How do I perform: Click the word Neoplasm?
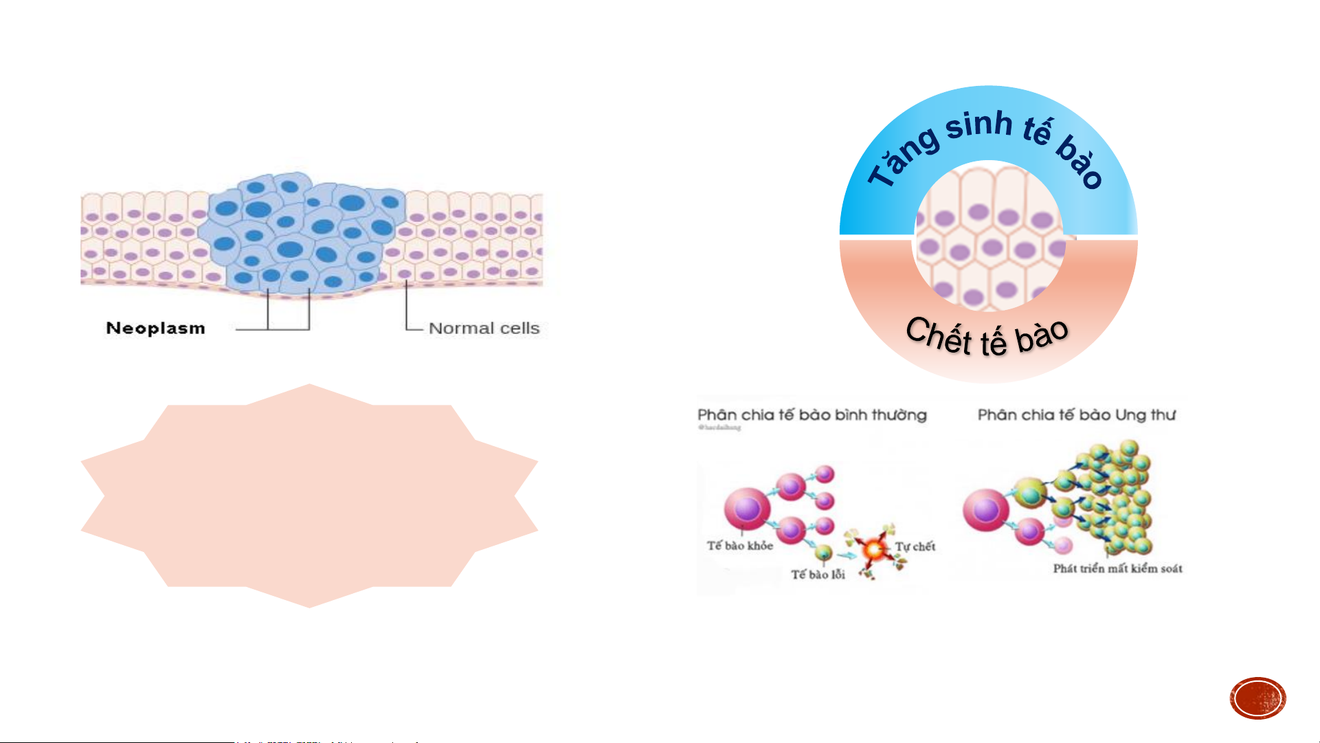155,329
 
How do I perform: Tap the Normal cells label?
484,329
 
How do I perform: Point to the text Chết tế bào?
987,337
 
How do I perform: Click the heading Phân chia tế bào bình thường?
812,415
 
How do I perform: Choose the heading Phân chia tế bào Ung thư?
1077,415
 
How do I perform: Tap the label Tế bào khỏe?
740,546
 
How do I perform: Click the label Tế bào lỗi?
818,575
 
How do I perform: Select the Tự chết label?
915,546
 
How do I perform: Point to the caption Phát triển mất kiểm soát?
1118,568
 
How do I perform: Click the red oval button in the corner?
1257,698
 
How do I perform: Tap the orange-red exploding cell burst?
873,549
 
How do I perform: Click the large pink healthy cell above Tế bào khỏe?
747,509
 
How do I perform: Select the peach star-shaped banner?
309,496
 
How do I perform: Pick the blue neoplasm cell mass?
302,234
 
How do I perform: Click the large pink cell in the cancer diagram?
985,511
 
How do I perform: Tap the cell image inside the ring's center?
989,237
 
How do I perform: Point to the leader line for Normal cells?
407,309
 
